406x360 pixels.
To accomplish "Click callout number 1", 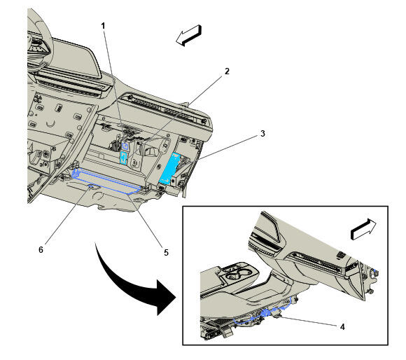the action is pyautogui.click(x=103, y=26).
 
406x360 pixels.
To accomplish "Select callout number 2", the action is pyautogui.click(x=227, y=71).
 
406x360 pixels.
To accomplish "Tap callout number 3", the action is pyautogui.click(x=262, y=134).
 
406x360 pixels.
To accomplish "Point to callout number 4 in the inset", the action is pyautogui.click(x=342, y=327).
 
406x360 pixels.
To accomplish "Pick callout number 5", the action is pyautogui.click(x=166, y=252).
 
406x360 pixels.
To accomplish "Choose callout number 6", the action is pyautogui.click(x=41, y=249).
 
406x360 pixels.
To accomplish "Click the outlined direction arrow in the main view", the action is pyautogui.click(x=189, y=36).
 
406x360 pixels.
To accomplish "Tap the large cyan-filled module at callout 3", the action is pyautogui.click(x=169, y=168).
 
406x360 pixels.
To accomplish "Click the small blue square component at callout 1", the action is pyautogui.click(x=125, y=146).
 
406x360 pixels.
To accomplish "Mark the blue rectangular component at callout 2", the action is pyautogui.click(x=124, y=158).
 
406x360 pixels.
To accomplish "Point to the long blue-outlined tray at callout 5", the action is pyautogui.click(x=106, y=181).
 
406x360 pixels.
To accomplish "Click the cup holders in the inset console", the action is pyautogui.click(x=237, y=274).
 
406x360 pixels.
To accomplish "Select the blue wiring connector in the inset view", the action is pyautogui.click(x=266, y=312).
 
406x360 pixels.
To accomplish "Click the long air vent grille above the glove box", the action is pyautogui.click(x=166, y=109).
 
